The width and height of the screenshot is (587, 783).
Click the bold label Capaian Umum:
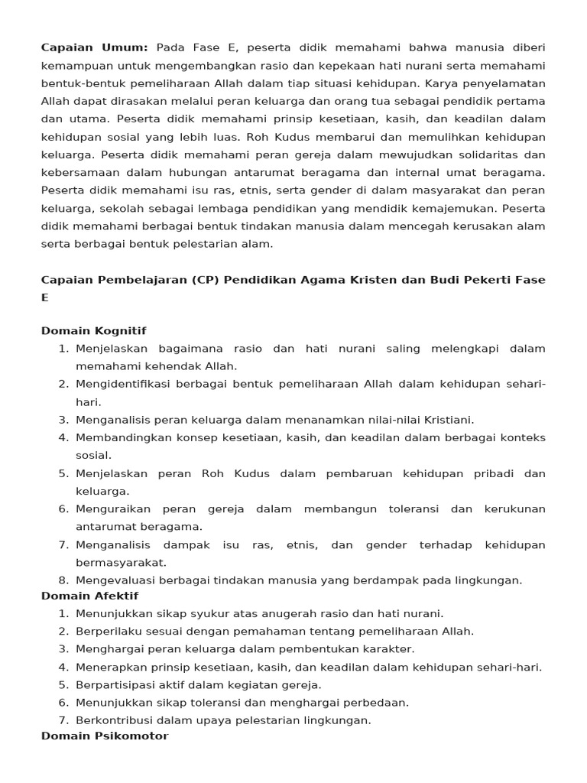[95, 47]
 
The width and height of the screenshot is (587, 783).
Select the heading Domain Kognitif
[93, 330]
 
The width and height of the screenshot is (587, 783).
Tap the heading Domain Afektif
[89, 595]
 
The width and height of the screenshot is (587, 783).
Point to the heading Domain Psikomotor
[104, 736]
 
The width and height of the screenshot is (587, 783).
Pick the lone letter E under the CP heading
[44, 297]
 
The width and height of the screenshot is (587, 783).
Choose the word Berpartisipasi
[113, 684]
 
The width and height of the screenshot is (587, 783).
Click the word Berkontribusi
[112, 720]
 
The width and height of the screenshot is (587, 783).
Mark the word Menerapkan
[106, 667]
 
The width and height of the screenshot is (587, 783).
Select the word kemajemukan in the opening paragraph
[439, 208]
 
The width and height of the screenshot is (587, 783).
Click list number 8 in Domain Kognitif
[63, 580]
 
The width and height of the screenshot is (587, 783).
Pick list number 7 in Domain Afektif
[63, 720]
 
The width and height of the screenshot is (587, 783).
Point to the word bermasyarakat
[120, 562]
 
